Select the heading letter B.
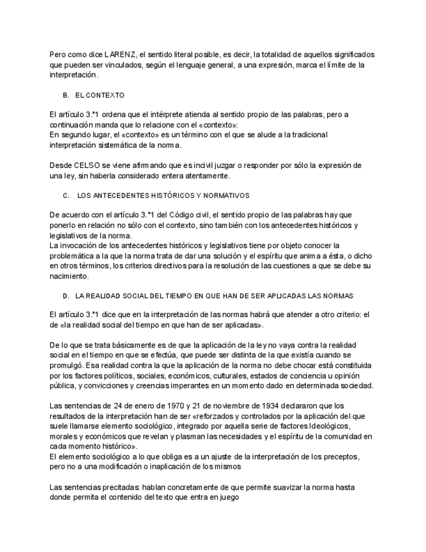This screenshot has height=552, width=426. [x=66, y=95]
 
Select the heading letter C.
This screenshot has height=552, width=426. [x=66, y=195]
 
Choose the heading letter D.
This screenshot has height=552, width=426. [x=66, y=296]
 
